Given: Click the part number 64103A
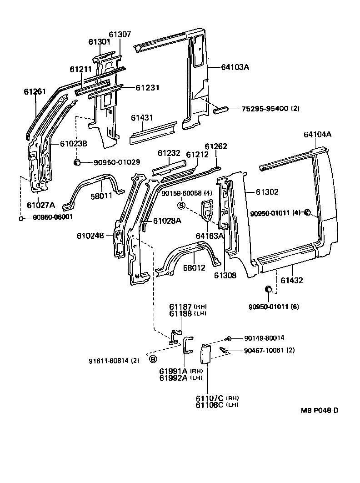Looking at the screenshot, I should point(235,67).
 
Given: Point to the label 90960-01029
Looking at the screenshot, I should point(110,162).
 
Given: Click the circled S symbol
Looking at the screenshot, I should point(181,206).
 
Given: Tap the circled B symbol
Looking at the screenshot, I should point(153,360).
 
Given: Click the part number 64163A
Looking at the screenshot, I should point(210,236).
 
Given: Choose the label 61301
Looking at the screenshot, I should point(100,42).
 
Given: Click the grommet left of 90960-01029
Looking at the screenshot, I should point(77,162).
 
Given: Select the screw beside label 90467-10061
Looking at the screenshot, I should point(224,350).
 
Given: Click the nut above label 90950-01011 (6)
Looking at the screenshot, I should point(268,289).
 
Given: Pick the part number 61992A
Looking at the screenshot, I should point(172,377).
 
